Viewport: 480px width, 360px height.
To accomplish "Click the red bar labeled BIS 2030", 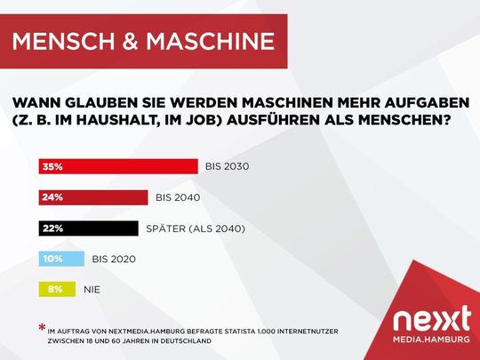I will tap(118, 166).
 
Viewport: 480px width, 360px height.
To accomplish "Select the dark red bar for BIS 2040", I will tap(93, 197).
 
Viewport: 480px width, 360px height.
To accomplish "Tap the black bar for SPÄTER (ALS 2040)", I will tap(89, 228).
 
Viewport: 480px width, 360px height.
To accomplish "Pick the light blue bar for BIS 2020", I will tap(61, 259).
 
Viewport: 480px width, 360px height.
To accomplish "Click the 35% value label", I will tap(50, 166).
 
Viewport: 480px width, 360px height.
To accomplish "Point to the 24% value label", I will tap(50, 197).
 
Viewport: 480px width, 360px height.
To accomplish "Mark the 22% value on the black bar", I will tap(50, 228).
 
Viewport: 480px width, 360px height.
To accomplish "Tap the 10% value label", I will tap(50, 259).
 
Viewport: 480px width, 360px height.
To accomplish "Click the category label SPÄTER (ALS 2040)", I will tap(196, 228).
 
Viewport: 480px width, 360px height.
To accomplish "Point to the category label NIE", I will tap(92, 289).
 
